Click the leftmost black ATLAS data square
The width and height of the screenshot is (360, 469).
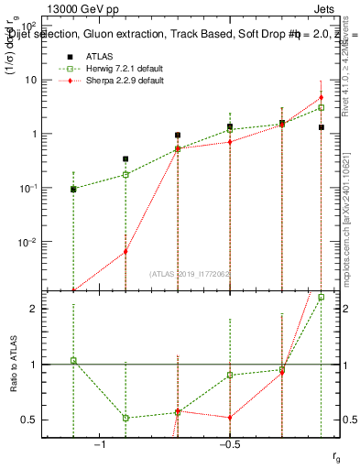point(73,189)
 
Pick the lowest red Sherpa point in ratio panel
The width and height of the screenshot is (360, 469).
point(230,418)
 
